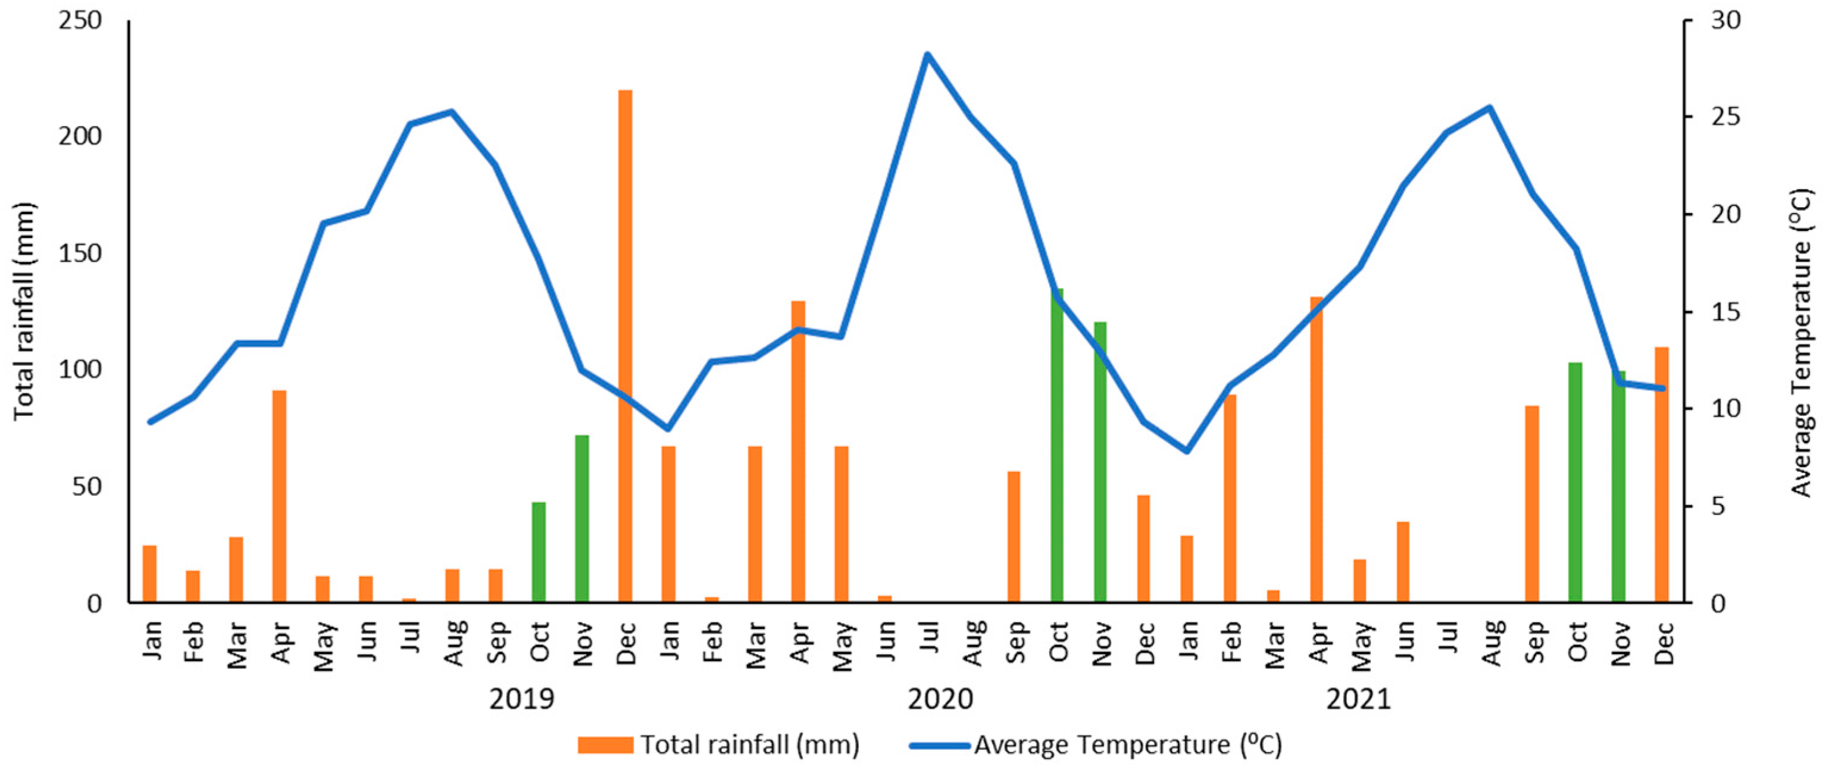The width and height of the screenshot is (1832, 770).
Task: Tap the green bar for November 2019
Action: pyautogui.click(x=582, y=518)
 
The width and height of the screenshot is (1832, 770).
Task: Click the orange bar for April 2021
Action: pyautogui.click(x=1317, y=449)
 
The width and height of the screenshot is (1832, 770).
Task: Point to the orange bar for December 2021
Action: pyautogui.click(x=1661, y=474)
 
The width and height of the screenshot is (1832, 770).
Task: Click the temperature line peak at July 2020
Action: pyautogui.click(x=927, y=54)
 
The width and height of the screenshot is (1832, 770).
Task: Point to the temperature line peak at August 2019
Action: pyautogui.click(x=452, y=112)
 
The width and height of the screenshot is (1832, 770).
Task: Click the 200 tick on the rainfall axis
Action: pyautogui.click(x=80, y=136)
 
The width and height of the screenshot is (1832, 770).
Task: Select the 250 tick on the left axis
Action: pyautogui.click(x=80, y=21)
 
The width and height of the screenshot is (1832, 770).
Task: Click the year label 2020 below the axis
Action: pyautogui.click(x=940, y=699)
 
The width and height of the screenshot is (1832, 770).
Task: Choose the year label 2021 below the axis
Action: pyautogui.click(x=1358, y=699)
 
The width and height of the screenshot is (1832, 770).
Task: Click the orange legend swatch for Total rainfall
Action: pyautogui.click(x=605, y=744)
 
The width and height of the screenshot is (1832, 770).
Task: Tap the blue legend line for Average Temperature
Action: pyautogui.click(x=939, y=745)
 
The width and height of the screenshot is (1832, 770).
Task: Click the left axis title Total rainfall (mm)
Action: pyautogui.click(x=24, y=311)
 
